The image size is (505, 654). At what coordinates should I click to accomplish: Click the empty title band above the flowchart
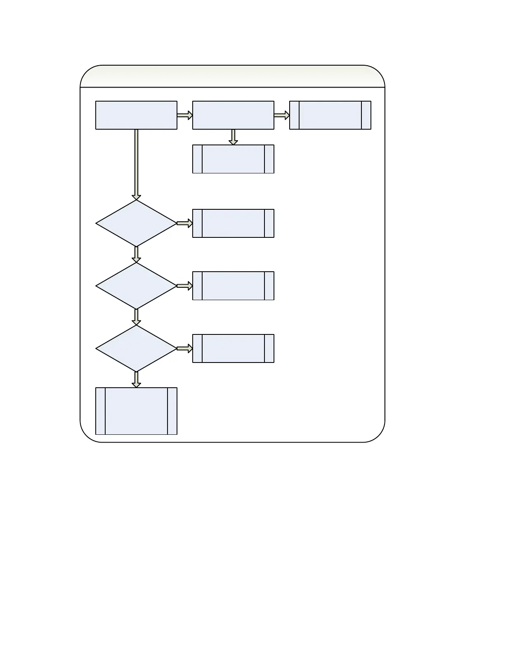point(232,77)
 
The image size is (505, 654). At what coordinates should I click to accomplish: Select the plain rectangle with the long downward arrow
point(136,115)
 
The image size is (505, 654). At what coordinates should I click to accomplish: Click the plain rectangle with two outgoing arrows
point(233,115)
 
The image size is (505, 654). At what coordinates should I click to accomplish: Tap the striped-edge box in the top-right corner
point(330,115)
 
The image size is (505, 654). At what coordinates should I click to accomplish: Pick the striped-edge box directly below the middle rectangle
point(233,159)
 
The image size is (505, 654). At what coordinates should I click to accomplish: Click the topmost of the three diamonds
point(136,223)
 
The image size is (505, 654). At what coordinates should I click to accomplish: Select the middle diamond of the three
point(136,286)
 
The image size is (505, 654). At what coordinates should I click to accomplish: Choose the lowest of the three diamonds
point(136,348)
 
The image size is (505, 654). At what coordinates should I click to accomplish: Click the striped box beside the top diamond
point(233,223)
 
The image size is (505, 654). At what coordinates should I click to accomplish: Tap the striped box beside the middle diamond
point(233,286)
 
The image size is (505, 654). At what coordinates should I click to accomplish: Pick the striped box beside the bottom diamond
point(233,348)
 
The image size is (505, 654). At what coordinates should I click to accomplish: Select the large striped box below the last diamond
point(136,411)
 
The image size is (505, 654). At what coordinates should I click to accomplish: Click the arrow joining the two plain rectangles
point(185,115)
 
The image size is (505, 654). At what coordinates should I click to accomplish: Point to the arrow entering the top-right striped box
point(282,115)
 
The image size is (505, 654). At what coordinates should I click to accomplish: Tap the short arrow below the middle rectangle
point(233,137)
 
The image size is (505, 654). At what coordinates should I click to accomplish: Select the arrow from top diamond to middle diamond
point(136,254)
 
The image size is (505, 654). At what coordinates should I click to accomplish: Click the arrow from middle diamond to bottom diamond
point(136,317)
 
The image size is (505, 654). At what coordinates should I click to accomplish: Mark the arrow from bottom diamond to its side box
point(185,348)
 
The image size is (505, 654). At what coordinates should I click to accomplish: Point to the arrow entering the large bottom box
point(136,379)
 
